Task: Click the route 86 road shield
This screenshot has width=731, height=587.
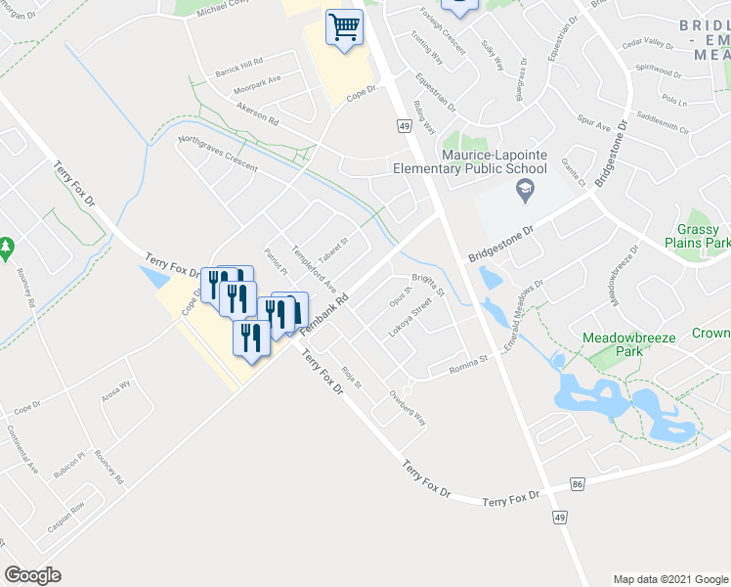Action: tap(579, 484)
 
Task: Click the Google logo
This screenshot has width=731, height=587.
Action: tap(32, 575)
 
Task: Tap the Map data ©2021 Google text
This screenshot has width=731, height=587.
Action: tap(669, 579)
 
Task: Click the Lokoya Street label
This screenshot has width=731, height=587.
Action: tap(409, 321)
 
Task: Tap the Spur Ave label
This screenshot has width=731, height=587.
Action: tap(592, 127)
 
